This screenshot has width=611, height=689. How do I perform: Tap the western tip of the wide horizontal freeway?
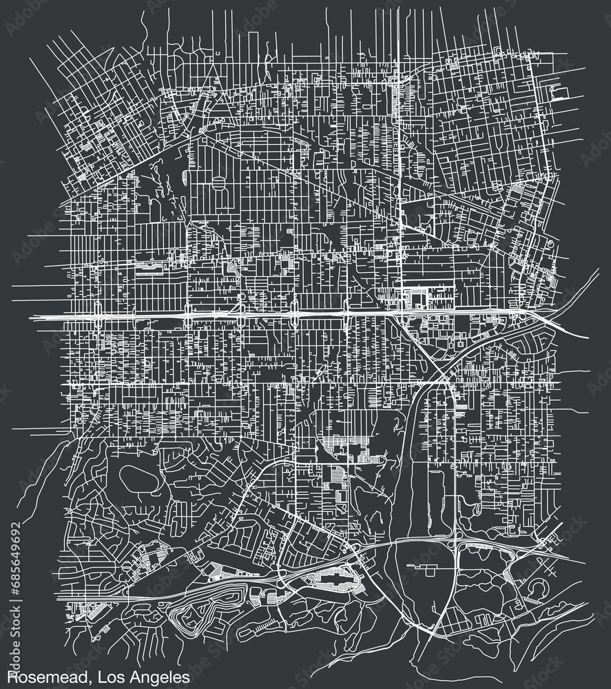34,316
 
